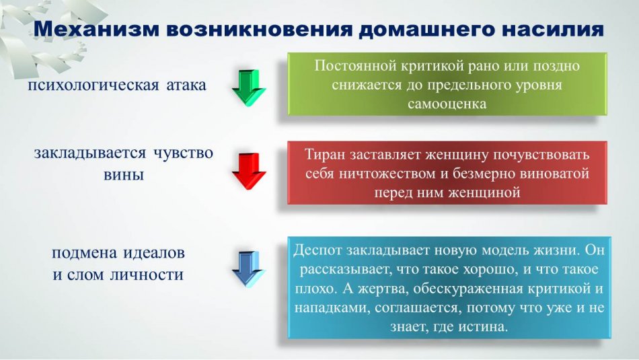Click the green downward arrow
coord(249,88)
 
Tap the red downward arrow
coord(249,171)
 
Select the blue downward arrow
coord(249,269)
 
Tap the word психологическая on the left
coord(93,85)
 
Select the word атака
coord(186,85)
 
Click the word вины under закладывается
coord(124,175)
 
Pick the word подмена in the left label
coord(84,253)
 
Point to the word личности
coord(147,275)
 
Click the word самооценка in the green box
coord(447,104)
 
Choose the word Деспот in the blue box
coord(317,250)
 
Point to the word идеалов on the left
coord(154,253)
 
